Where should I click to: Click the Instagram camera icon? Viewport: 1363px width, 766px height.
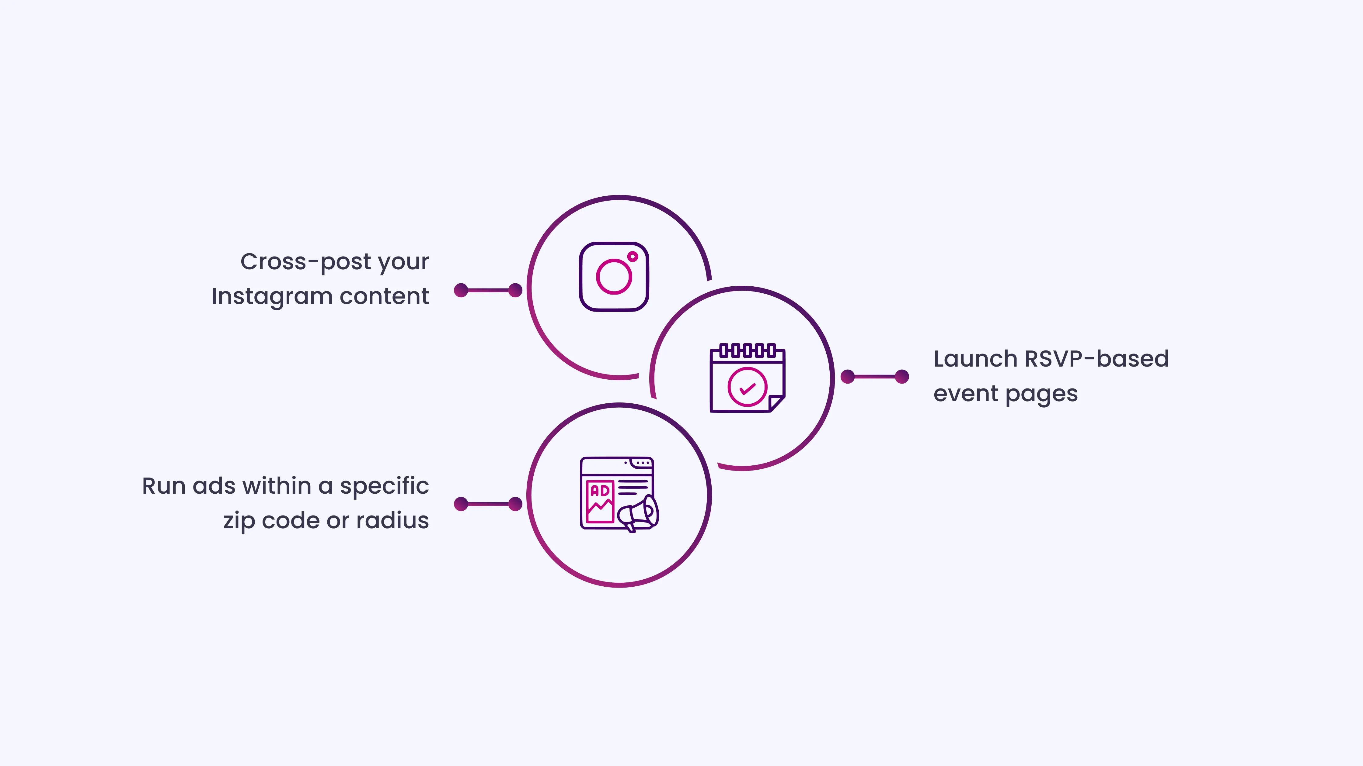click(x=614, y=277)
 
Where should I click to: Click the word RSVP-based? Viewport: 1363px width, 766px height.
click(x=1096, y=359)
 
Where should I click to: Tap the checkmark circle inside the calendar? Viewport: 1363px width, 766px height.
click(x=747, y=387)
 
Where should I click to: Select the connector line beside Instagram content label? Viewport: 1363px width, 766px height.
click(x=488, y=290)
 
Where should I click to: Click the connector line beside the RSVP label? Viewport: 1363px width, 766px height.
click(x=875, y=377)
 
